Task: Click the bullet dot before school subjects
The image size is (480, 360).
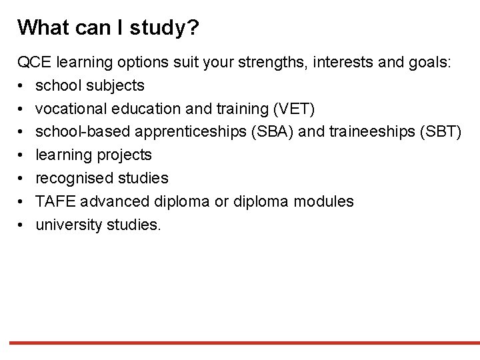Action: (21, 86)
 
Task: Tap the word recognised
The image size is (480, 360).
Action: (73, 178)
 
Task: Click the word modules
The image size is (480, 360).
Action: (326, 201)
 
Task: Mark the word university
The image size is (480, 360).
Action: (69, 225)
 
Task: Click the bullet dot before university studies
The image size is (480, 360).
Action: (21, 225)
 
